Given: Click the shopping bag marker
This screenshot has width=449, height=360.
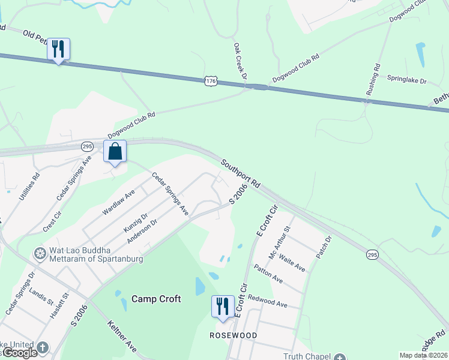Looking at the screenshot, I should pyautogui.click(x=115, y=151).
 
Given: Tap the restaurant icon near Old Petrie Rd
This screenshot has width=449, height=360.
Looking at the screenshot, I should pyautogui.click(x=58, y=49).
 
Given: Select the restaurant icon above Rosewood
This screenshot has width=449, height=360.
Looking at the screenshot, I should pyautogui.click(x=223, y=306).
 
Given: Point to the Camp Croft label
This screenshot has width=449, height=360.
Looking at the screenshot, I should pyautogui.click(x=156, y=299).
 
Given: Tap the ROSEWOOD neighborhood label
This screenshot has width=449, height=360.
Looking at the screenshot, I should pyautogui.click(x=233, y=335).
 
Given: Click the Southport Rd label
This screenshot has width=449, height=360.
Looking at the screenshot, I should pyautogui.click(x=240, y=173).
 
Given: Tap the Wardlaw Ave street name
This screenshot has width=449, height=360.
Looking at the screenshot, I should pyautogui.click(x=119, y=201).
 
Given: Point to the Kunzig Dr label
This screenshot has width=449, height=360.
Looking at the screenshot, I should pyautogui.click(x=135, y=223).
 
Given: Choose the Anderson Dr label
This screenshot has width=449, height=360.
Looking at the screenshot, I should pyautogui.click(x=142, y=231).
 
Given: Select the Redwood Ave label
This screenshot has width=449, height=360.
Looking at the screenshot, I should pyautogui.click(x=268, y=301).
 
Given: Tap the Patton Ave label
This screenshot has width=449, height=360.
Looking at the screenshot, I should pyautogui.click(x=268, y=274).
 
